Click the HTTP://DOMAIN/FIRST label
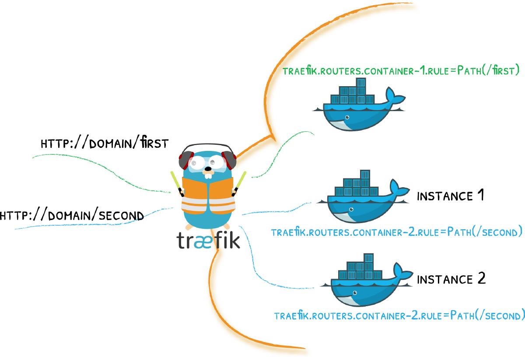click(x=104, y=143)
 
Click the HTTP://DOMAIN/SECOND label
click(x=72, y=215)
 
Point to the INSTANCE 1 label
click(x=451, y=196)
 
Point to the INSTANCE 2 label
click(x=451, y=279)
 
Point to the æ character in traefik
click(x=204, y=241)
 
